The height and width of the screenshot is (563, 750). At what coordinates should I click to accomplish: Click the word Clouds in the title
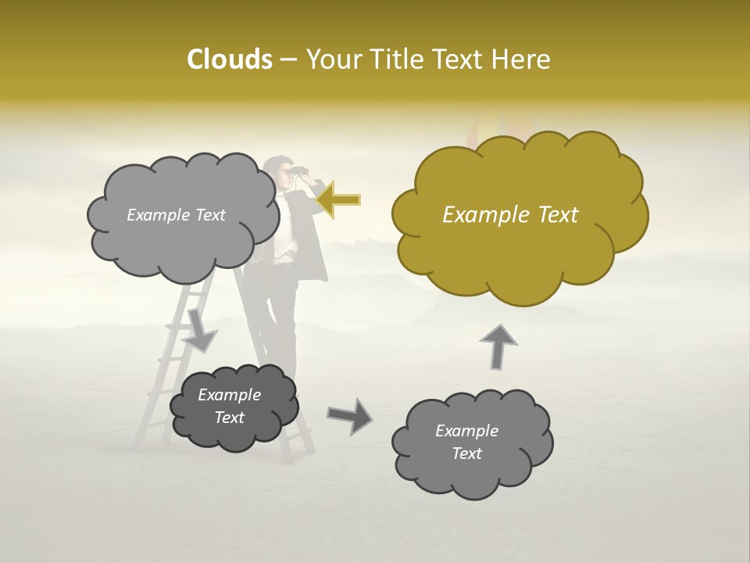tap(229, 59)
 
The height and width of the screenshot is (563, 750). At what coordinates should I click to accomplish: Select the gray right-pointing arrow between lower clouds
tap(349, 415)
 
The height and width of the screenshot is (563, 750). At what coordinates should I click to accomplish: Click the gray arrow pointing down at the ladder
tap(199, 332)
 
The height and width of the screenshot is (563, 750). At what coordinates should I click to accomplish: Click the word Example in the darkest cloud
tap(229, 395)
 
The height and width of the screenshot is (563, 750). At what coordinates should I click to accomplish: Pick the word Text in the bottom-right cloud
tap(466, 454)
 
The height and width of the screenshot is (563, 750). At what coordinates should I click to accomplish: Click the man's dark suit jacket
tap(312, 235)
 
